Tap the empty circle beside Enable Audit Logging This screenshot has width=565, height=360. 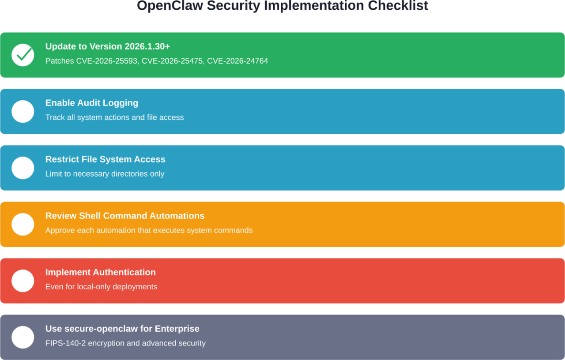[23, 111]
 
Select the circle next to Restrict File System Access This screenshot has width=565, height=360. [23, 168]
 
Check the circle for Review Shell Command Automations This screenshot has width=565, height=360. [23, 224]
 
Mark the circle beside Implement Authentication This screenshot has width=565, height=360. [23, 281]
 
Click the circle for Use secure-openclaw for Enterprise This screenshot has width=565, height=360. [23, 337]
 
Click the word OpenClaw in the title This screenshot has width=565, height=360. [170, 6]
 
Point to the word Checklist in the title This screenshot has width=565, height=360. [398, 6]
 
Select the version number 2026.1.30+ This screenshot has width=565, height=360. [147, 46]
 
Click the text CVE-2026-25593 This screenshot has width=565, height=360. [107, 61]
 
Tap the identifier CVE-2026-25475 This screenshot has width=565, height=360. [173, 61]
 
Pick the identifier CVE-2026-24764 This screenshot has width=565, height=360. [237, 61]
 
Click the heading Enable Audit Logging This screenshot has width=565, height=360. [92, 103]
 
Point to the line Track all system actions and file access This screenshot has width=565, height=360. [114, 117]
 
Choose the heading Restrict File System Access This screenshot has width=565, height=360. [105, 159]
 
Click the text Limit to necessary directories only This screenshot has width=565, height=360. [105, 174]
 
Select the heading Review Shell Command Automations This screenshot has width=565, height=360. [125, 216]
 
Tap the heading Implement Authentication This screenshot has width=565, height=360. [101, 272]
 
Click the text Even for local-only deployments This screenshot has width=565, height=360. [102, 287]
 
